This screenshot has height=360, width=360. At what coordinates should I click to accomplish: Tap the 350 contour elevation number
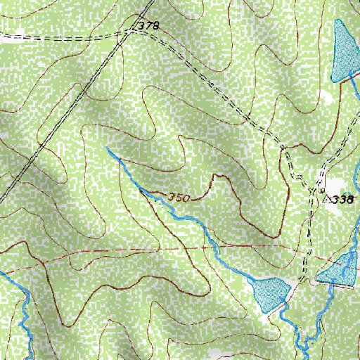pos(179,198)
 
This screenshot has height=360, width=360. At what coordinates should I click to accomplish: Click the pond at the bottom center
pos(271,294)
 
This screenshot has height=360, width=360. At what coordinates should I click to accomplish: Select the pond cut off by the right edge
pos(342,271)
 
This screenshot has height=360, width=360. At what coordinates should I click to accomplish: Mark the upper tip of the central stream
pos(107,148)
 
